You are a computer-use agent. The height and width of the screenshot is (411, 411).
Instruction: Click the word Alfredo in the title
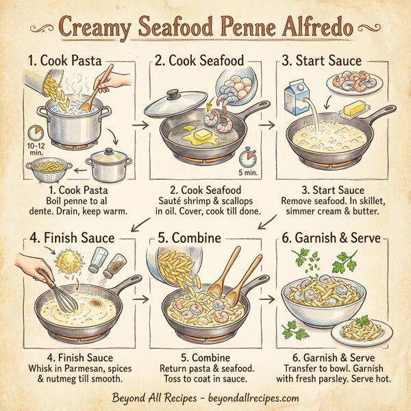pos(320,30)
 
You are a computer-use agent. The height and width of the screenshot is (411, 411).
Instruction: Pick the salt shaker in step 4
pos(99,261)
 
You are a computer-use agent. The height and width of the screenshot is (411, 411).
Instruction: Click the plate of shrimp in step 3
pos(350,85)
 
